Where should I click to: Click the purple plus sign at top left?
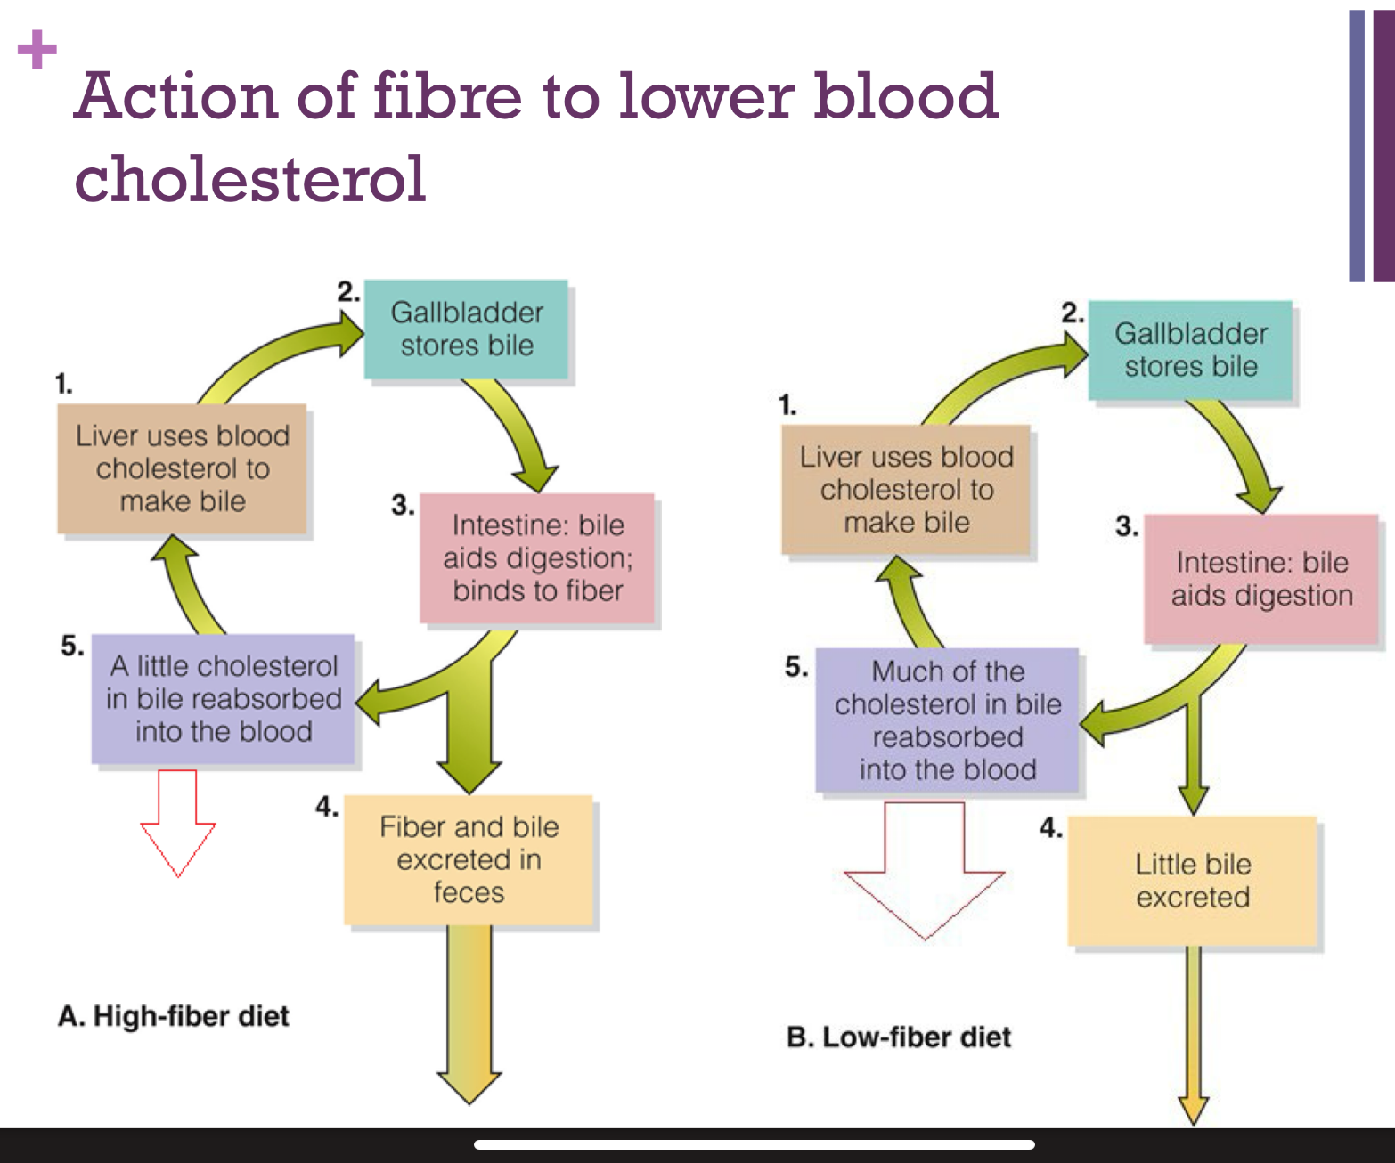37,50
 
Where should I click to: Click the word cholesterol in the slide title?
250,179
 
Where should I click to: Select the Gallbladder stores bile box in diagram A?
466,329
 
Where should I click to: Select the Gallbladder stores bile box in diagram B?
1190,350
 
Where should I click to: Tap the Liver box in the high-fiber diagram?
182,468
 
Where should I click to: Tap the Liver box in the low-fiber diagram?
906,490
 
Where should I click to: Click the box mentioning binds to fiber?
537,558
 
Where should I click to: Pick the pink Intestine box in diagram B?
1261,579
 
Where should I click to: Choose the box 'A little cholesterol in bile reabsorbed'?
223,699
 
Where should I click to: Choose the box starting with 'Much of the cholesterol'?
947,720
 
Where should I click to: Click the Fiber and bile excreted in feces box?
469,859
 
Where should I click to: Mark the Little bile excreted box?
1192,881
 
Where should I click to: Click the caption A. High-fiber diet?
174,1016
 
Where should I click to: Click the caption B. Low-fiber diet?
898,1037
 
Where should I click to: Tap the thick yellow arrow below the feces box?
469,1015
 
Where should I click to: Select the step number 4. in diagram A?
326,807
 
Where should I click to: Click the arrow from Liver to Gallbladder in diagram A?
276,356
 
